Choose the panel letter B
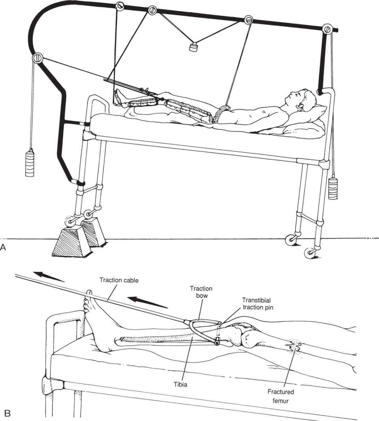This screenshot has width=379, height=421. click(7, 413)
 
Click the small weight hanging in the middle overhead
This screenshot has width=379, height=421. click(193, 48)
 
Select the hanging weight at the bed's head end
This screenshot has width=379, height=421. click(333, 189)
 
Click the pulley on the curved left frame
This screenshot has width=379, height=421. click(38, 58)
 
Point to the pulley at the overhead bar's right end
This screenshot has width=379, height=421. click(327, 29)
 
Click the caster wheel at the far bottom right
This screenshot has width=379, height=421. click(308, 253)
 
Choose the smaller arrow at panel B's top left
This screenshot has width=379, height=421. click(48, 276)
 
